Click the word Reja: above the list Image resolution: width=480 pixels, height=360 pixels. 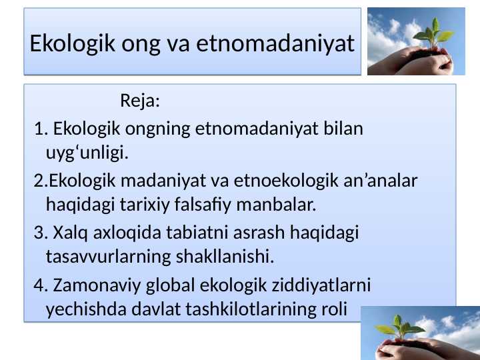140,102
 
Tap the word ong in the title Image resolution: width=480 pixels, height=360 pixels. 141,45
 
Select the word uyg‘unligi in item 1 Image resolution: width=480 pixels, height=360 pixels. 87,154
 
